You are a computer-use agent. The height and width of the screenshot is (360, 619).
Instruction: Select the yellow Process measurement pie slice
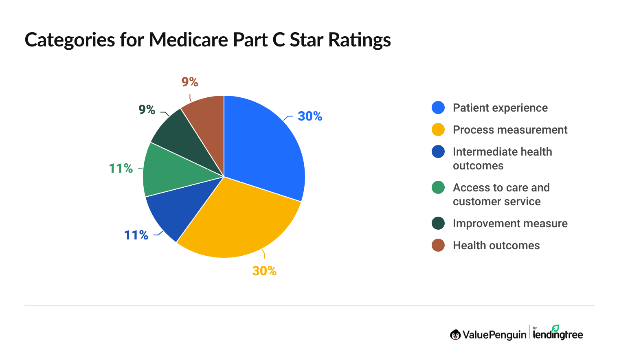pyautogui.click(x=236, y=220)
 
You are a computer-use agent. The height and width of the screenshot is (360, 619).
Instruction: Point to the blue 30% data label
pyautogui.click(x=310, y=116)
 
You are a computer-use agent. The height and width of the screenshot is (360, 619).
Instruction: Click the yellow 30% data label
pyautogui.click(x=264, y=271)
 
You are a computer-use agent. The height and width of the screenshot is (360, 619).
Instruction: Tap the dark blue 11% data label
pyautogui.click(x=136, y=235)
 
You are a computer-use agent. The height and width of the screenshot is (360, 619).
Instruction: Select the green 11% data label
pyautogui.click(x=121, y=169)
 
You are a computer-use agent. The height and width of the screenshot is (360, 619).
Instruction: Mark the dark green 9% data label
pyautogui.click(x=147, y=110)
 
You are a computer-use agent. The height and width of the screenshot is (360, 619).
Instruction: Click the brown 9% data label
pyautogui.click(x=190, y=82)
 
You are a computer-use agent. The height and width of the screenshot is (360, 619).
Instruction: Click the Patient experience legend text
pyautogui.click(x=500, y=108)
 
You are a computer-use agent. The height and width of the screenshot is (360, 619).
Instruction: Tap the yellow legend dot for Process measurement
pyautogui.click(x=438, y=130)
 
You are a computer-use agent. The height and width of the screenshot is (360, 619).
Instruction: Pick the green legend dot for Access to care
pyautogui.click(x=438, y=188)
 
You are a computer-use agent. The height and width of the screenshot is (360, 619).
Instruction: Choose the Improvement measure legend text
pyautogui.click(x=510, y=224)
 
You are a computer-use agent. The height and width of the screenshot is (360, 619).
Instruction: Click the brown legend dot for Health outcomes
pyautogui.click(x=438, y=246)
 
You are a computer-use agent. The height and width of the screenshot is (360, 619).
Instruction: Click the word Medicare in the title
pyautogui.click(x=189, y=40)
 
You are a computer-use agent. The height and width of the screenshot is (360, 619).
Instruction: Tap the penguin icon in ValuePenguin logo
pyautogui.click(x=455, y=335)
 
